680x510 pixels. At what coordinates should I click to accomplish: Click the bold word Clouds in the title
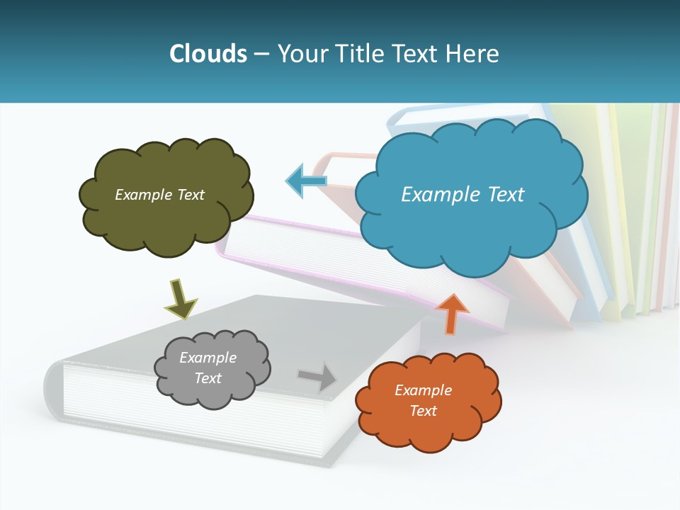tap(208, 54)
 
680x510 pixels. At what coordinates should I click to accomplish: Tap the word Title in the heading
tap(360, 54)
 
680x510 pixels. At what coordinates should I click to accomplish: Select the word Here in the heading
tap(473, 54)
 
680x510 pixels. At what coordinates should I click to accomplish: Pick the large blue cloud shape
tap(471, 227)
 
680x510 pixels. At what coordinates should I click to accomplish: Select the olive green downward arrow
tap(180, 298)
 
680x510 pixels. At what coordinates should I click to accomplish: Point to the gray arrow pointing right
tap(319, 376)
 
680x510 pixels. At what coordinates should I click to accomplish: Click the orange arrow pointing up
tap(452, 314)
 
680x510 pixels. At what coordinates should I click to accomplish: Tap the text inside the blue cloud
tap(463, 194)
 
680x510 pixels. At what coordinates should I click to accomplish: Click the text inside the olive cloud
tap(159, 194)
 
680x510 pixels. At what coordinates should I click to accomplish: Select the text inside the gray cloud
tap(208, 368)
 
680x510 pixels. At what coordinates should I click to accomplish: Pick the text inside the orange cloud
tap(423, 400)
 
